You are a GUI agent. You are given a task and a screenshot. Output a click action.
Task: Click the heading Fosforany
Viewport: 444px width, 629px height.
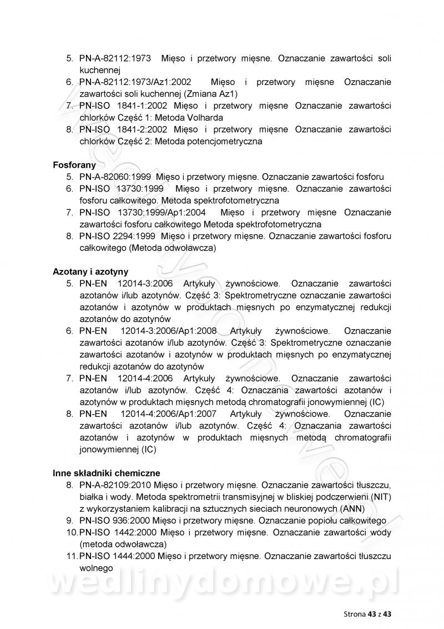pos(74,165)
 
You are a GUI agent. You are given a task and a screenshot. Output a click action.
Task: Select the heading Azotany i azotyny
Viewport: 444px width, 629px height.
pos(90,271)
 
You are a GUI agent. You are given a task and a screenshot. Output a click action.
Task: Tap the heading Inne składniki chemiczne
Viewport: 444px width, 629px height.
pos(107,473)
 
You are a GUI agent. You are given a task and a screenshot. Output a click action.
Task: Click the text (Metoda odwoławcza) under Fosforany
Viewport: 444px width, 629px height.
pos(172,248)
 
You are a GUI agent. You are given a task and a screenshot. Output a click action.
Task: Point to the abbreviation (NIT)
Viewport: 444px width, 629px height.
pos(381,496)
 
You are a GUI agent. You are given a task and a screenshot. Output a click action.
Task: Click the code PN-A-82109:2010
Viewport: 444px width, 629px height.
pos(115,485)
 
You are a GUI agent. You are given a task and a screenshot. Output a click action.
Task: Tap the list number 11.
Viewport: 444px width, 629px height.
pos(71,556)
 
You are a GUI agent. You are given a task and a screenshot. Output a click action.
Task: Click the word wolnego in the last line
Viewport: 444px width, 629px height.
pos(96,568)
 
